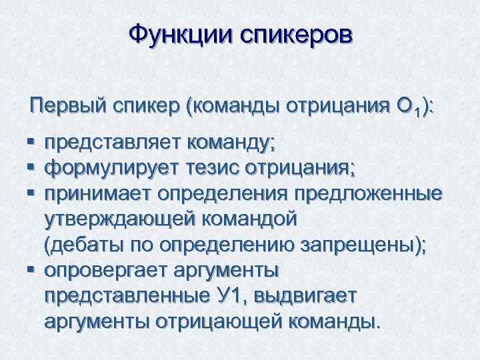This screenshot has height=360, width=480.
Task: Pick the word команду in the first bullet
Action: coord(231,143)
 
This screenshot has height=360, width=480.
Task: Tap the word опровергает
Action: coord(111,270)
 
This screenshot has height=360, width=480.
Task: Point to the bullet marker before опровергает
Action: coord(31,271)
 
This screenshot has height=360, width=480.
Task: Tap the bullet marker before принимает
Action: coord(31,194)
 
